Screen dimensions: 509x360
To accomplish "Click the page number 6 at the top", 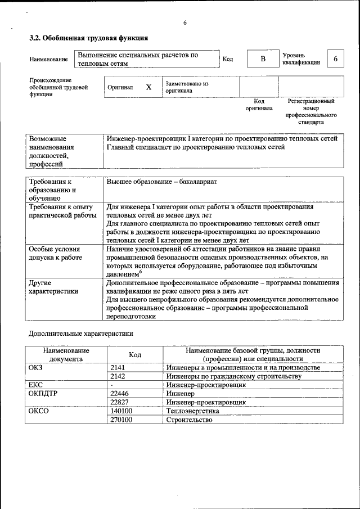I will tap(184, 23).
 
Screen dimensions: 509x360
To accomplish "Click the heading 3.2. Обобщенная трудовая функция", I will tap(88, 38).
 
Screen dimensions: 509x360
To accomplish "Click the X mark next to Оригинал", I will tap(148, 88).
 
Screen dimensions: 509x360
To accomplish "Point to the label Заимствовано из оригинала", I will tap(187, 87).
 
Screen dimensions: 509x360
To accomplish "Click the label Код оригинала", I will tap(259, 105).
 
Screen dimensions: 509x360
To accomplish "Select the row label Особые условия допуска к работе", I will tap(55, 253).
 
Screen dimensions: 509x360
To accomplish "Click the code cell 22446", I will tap(120, 394).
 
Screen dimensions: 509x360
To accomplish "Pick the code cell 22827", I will tap(120, 403).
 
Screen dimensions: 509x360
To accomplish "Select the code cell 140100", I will tap(121, 411).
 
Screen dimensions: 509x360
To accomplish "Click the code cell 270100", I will tap(121, 420).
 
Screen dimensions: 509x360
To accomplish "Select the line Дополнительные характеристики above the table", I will tap(81, 334).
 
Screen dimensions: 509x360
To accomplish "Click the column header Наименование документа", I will tap(66, 354).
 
